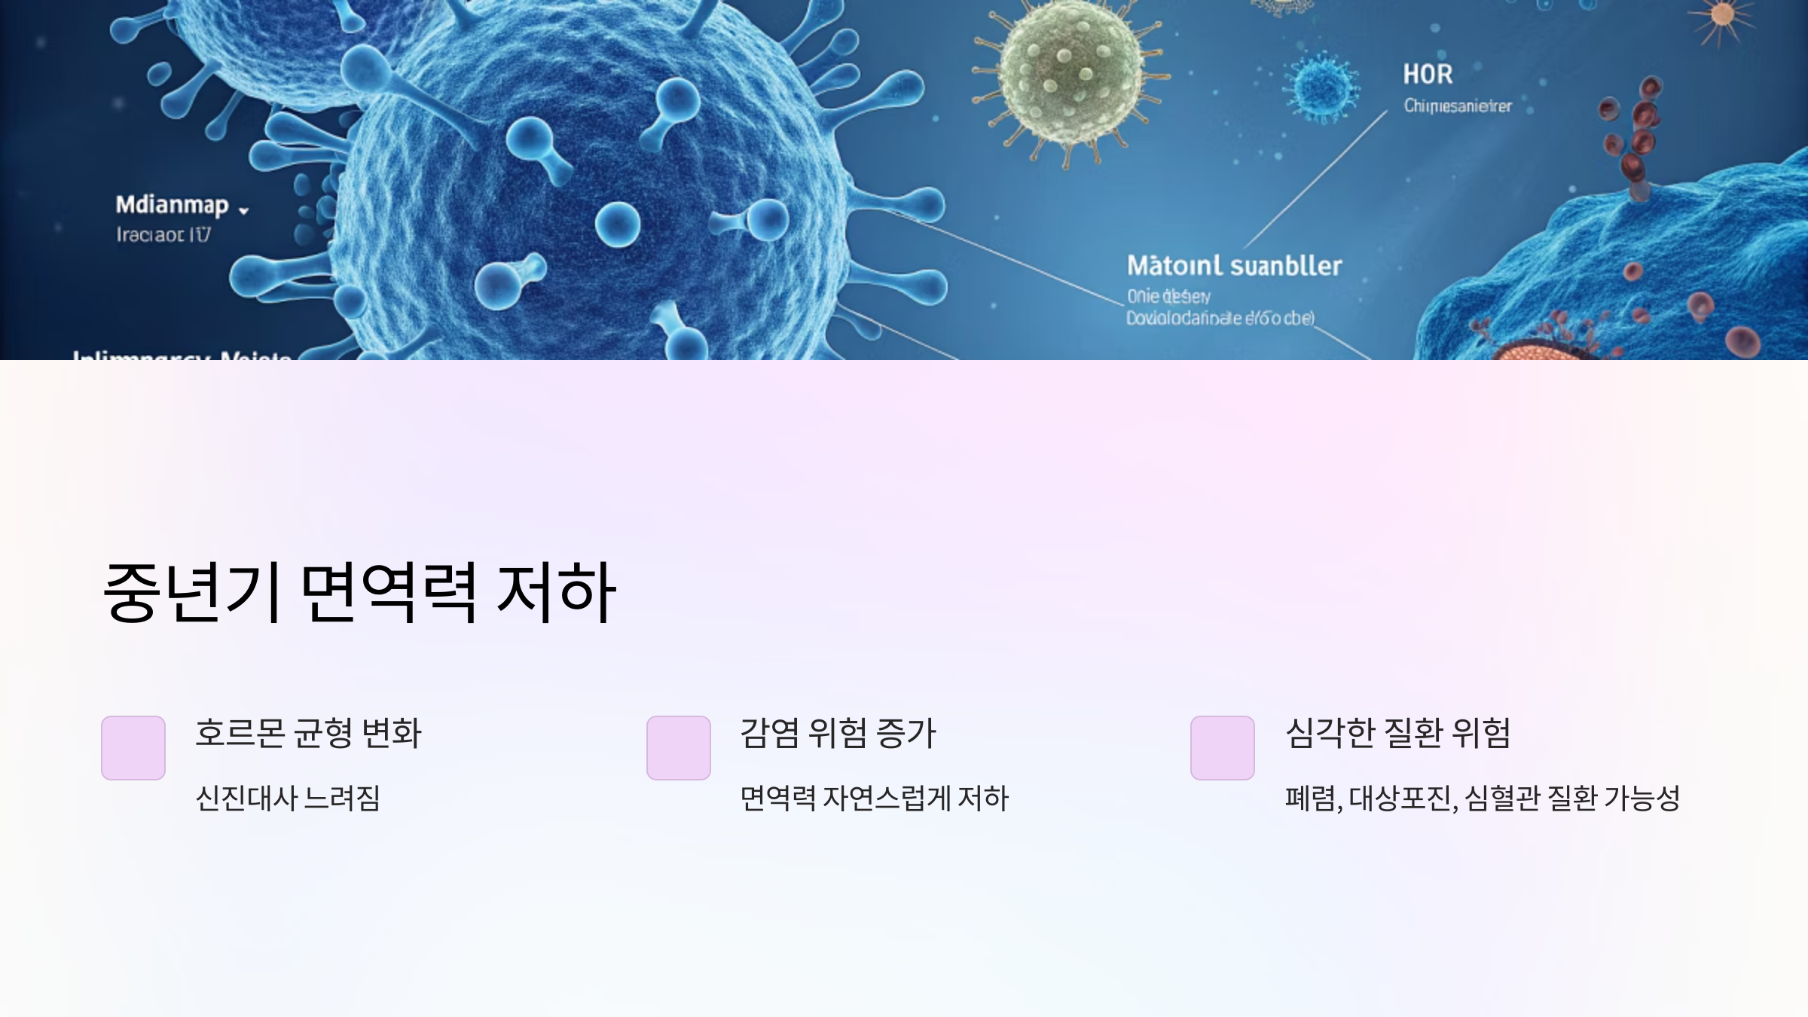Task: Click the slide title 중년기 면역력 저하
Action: click(359, 593)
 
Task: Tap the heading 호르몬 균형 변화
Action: click(308, 733)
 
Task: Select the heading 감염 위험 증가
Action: click(838, 733)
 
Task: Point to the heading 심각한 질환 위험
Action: click(1397, 733)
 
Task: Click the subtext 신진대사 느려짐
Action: click(288, 799)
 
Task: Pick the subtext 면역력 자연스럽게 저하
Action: click(874, 799)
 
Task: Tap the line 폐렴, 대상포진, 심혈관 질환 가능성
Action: click(1482, 799)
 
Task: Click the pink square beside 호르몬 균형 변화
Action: click(133, 748)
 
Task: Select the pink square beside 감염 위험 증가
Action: click(679, 748)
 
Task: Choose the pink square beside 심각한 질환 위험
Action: click(1223, 748)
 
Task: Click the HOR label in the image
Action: click(1428, 75)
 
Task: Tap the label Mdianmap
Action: click(172, 205)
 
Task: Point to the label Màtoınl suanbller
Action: click(1234, 266)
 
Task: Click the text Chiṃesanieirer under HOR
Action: click(1457, 106)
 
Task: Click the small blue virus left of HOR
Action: click(1322, 87)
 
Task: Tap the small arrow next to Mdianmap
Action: click(243, 211)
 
